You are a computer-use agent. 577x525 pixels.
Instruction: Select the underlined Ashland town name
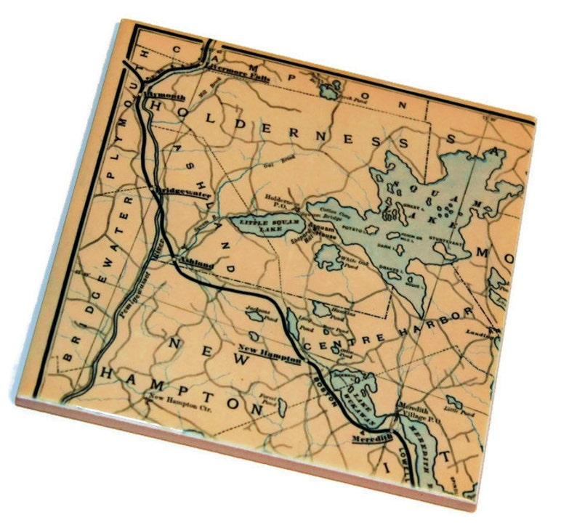click(195, 266)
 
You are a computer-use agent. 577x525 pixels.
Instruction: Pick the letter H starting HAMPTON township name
click(109, 373)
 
